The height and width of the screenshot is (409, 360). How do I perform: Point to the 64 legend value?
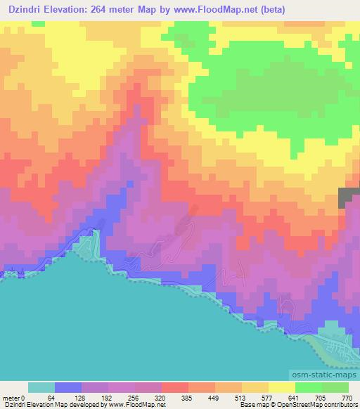(x=51, y=397)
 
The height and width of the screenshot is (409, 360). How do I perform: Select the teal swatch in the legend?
(x=41, y=387)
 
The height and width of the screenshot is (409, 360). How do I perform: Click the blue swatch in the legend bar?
(x=68, y=387)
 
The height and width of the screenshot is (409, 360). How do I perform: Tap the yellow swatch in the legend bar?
(x=282, y=387)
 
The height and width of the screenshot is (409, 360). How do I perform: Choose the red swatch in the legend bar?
(x=175, y=387)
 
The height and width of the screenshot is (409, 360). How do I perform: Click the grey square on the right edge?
(x=349, y=197)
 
